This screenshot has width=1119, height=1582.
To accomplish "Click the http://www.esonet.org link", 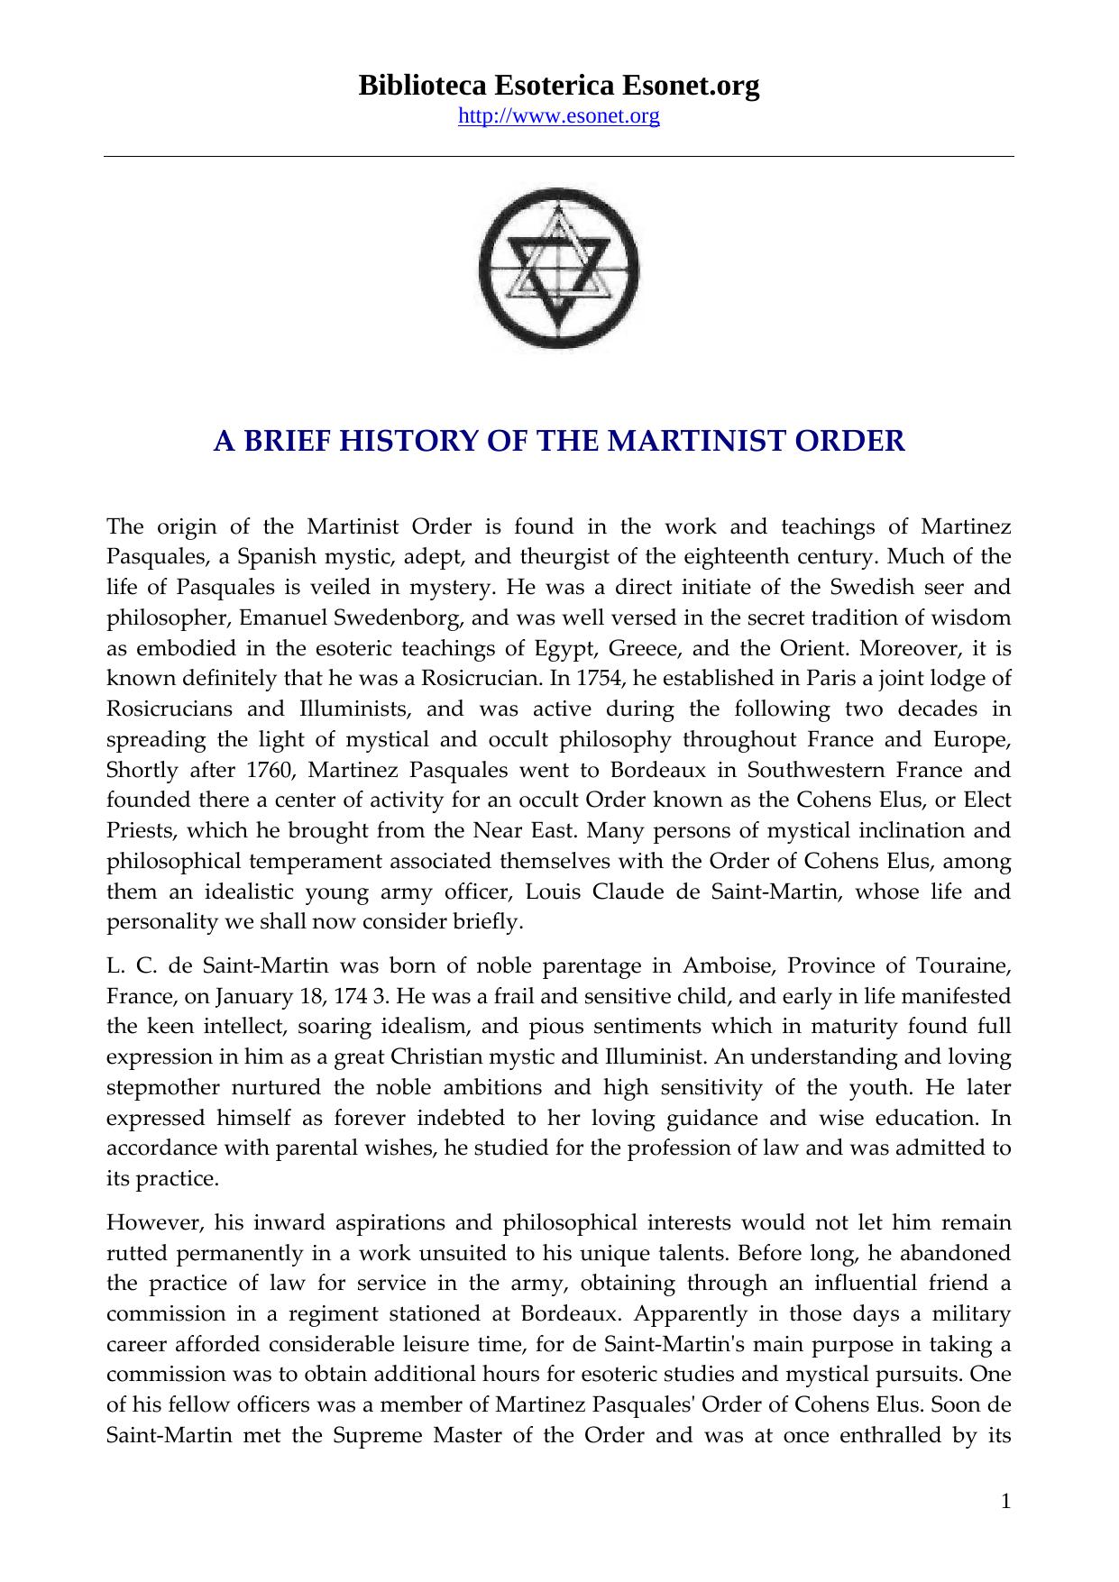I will (559, 116).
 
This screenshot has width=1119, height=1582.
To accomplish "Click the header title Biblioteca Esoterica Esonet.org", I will (559, 86).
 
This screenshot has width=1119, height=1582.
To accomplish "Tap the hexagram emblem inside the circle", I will (559, 270).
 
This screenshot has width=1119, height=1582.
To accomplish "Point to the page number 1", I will (1005, 1501).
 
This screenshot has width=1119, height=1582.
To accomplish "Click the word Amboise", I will (728, 966).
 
